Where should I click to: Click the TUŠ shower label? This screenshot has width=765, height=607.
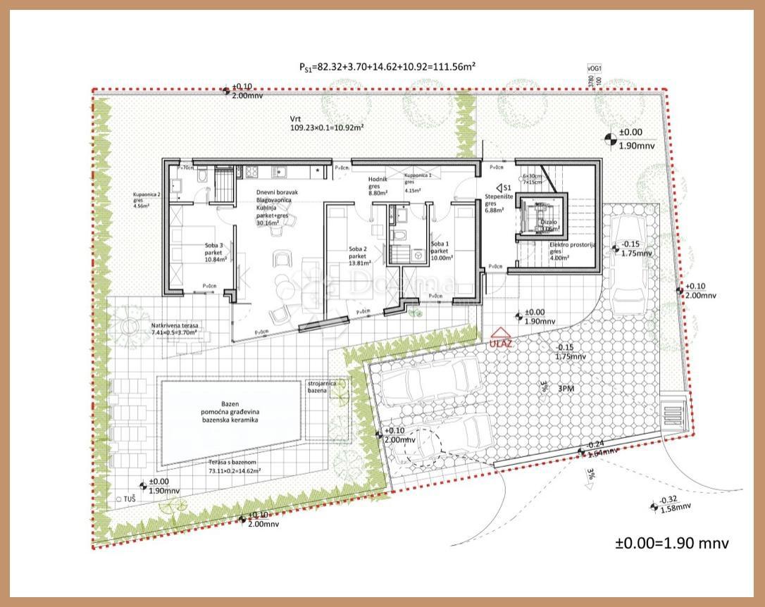[x=129, y=498]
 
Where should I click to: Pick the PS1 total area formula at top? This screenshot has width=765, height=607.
[x=387, y=67]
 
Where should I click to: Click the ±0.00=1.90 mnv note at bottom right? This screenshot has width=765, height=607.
[x=672, y=543]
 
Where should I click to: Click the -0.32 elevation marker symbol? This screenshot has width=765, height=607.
[x=654, y=504]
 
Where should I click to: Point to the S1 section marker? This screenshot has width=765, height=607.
[x=503, y=188]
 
